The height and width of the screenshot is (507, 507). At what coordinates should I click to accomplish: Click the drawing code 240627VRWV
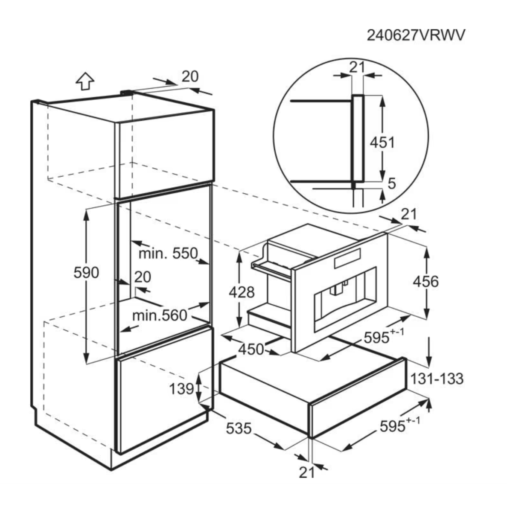point(416,35)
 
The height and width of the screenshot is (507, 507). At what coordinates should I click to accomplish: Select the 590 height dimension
point(86,273)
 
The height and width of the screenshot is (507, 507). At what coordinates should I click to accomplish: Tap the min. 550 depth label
point(168,253)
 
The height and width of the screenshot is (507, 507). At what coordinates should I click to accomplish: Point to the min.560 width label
point(160,315)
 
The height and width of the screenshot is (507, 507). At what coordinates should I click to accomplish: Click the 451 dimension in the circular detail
point(382,142)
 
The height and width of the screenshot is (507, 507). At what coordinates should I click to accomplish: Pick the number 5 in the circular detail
point(392,184)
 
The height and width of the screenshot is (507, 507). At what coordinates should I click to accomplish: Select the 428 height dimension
point(242,292)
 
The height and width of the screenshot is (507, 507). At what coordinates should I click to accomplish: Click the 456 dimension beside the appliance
point(426,282)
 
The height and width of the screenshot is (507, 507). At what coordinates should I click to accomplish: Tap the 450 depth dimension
point(251,349)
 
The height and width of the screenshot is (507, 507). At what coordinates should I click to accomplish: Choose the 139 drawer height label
point(181,389)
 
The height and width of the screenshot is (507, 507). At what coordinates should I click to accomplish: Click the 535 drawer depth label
point(239,428)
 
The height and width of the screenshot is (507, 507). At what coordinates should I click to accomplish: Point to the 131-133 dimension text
point(437,378)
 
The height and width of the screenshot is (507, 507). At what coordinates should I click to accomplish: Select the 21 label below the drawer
point(306,473)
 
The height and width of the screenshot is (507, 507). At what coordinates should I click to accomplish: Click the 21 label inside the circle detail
point(357,67)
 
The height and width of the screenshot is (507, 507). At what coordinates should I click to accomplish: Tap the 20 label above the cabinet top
point(190,77)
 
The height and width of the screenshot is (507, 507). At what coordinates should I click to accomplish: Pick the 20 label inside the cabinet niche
point(143,277)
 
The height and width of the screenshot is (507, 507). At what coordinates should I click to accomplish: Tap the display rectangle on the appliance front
point(347,258)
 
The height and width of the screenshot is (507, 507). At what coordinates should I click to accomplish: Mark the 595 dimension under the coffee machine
point(384,336)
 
